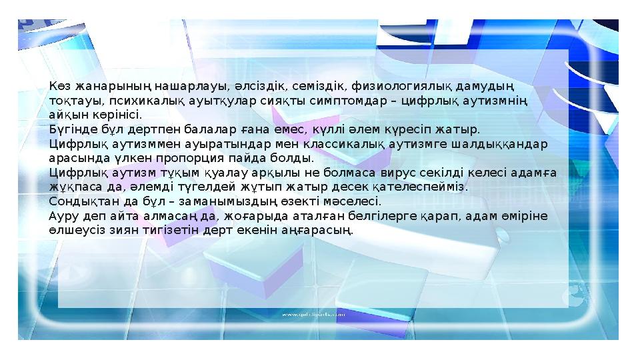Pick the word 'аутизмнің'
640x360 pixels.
pyautogui.click(x=494, y=101)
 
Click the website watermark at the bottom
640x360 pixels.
pyautogui.click(x=313, y=313)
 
